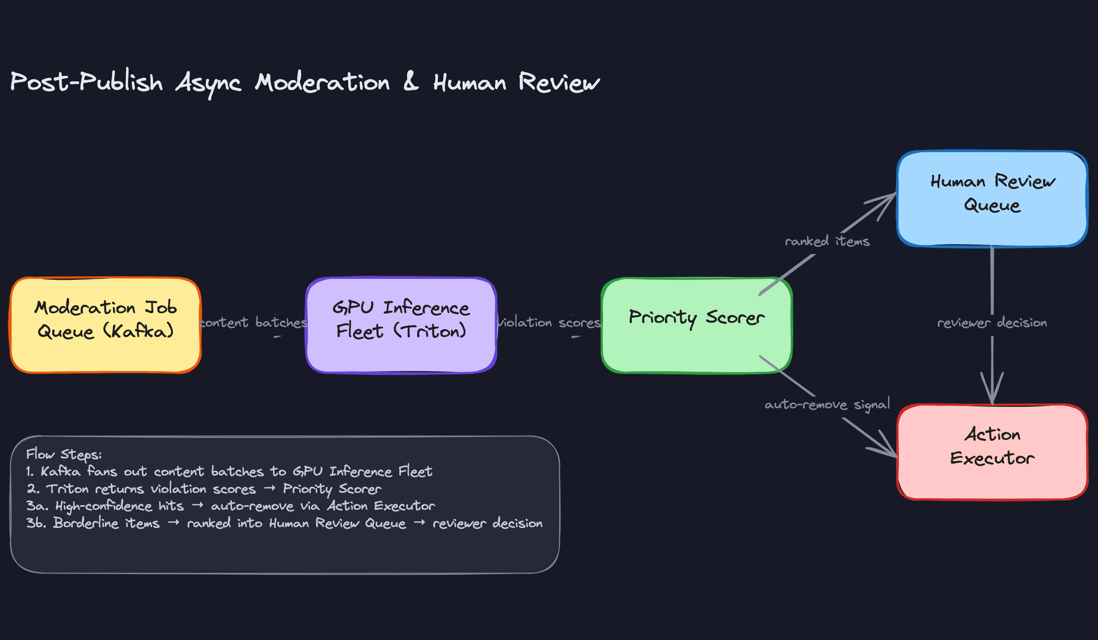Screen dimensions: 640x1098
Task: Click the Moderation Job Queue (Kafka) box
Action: (105, 325)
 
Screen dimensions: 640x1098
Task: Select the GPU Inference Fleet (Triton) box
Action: (401, 325)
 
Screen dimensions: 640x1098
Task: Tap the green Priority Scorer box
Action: (696, 325)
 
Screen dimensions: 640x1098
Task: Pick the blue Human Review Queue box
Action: (992, 199)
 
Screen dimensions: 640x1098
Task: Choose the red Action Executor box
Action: (992, 451)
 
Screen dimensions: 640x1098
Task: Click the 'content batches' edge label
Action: (253, 323)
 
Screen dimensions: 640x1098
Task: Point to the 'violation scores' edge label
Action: (549, 323)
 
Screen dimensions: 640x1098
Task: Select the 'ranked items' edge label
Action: (827, 241)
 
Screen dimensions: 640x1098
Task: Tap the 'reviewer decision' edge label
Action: (992, 323)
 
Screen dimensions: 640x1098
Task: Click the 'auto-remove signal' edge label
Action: (827, 405)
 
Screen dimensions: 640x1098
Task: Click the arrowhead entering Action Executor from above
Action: (992, 394)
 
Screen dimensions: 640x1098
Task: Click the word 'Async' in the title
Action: (208, 83)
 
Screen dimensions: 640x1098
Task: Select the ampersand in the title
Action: (411, 82)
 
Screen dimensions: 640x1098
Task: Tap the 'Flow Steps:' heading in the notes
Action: (63, 455)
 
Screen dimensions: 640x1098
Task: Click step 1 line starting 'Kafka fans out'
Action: (229, 472)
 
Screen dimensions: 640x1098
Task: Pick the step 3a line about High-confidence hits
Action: (230, 506)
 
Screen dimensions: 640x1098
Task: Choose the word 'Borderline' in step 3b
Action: (106, 523)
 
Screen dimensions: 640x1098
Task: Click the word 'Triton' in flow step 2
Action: (67, 489)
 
